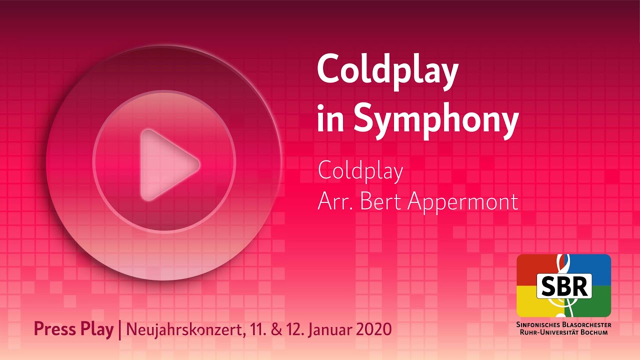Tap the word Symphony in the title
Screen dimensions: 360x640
pyautogui.click(x=435, y=120)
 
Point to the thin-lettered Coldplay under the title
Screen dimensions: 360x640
pyautogui.click(x=360, y=171)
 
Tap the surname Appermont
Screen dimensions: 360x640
pyautogui.click(x=463, y=202)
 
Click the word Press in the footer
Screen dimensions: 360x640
pyautogui.click(x=53, y=329)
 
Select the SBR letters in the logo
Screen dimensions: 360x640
pyautogui.click(x=564, y=285)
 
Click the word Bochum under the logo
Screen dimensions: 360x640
pyautogui.click(x=594, y=332)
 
